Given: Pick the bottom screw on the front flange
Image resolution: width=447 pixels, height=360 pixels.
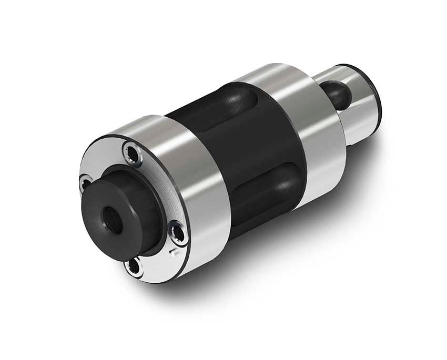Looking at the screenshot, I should click(x=134, y=266).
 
